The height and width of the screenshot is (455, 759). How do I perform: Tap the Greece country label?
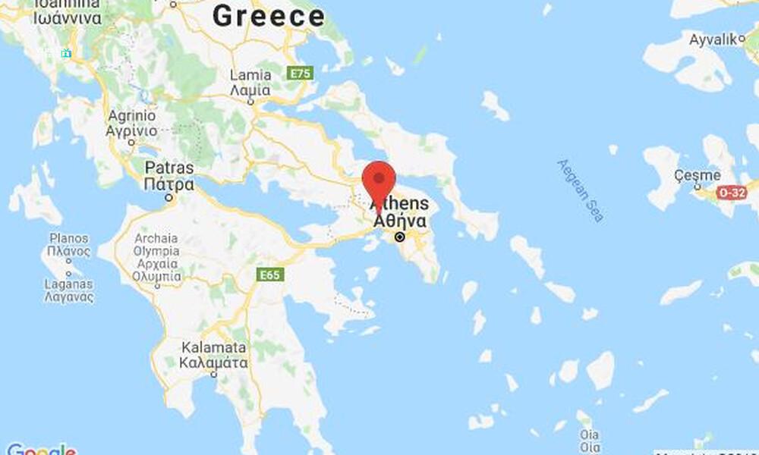pyautogui.click(x=269, y=16)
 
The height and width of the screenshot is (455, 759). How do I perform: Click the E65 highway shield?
pyautogui.click(x=270, y=275)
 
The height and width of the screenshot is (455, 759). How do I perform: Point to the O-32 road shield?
pyautogui.click(x=732, y=193)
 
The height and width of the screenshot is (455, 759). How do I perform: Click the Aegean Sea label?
pyautogui.click(x=581, y=190)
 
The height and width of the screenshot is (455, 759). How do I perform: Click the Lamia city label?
pyautogui.click(x=250, y=83)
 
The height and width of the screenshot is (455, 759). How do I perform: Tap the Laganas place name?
pyautogui.click(x=69, y=290)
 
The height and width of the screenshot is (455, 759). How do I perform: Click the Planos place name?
pyautogui.click(x=70, y=245)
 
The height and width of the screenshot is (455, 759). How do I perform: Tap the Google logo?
pyautogui.click(x=39, y=449)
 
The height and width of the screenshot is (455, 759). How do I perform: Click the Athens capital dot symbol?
pyautogui.click(x=400, y=237)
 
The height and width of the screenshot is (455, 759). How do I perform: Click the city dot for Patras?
pyautogui.click(x=169, y=198)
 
